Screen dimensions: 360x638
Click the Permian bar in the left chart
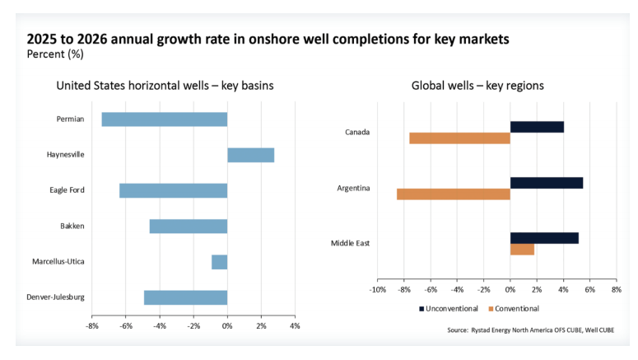point(164,119)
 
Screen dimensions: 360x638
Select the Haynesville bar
point(250,155)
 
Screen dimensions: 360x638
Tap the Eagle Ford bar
point(173,190)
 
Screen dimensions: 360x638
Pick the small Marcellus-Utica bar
point(219,262)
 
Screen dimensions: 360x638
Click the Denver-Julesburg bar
point(185,297)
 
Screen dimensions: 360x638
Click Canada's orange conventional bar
point(459,138)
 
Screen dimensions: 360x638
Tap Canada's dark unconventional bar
point(537,127)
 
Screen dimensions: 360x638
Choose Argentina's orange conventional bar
point(453,194)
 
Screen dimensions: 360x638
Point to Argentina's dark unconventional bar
point(546,183)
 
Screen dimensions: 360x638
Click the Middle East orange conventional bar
point(522,250)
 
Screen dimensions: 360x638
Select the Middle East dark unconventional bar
point(544,238)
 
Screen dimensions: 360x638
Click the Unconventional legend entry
point(449,309)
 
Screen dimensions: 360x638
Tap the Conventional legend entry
point(513,309)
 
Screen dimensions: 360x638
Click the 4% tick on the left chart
point(295,326)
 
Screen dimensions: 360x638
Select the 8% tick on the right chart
point(615,290)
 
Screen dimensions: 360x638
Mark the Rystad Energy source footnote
point(531,330)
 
